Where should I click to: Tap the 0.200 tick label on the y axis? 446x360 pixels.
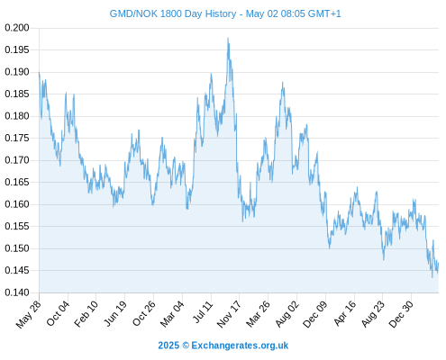coord(17,28)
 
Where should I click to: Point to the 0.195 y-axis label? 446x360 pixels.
coord(17,49)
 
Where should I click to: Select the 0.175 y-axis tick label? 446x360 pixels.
coord(17,138)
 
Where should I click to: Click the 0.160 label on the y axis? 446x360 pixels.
coord(17,204)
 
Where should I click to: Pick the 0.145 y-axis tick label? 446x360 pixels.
coord(17,271)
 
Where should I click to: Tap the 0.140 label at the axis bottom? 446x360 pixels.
coord(17,292)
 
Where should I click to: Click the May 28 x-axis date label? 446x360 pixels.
coord(28,314)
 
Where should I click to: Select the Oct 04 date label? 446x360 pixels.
coord(58,313)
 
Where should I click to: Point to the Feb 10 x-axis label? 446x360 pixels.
coord(86,313)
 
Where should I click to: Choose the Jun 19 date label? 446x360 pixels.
coord(114,313)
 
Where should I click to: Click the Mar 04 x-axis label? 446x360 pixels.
coord(172,313)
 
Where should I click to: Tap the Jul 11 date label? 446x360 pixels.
coord(203,311)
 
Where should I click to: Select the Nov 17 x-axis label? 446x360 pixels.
coord(229,314)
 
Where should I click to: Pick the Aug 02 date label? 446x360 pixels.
coord(287,313)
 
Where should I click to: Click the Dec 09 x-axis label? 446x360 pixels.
coord(315,314)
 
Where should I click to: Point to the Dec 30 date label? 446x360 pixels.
coord(401,314)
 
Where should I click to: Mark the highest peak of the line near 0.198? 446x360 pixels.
coord(228,38)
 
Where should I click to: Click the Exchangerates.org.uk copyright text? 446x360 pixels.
coord(223,346)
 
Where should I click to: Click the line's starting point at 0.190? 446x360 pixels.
coord(39,72)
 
